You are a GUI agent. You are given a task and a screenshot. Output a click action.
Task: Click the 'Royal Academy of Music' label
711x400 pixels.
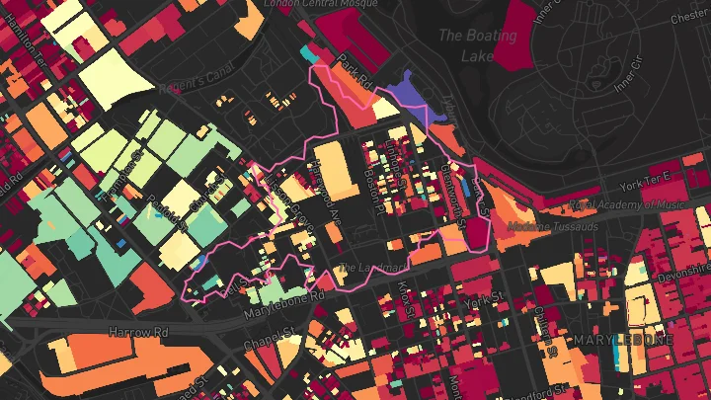pyautogui.click(x=612, y=204)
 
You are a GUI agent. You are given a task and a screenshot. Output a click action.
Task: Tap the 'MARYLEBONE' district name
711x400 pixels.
pyautogui.click(x=623, y=340)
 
